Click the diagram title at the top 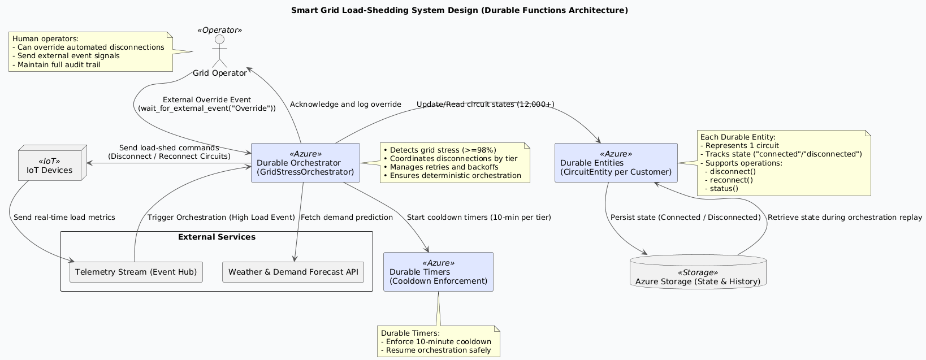459,11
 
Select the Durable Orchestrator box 305,163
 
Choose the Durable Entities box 616,163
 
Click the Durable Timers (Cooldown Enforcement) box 438,272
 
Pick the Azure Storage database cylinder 698,272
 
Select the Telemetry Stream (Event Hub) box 136,272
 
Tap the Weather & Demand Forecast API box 293,272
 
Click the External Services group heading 217,237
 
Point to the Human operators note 90,52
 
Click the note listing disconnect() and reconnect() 784,163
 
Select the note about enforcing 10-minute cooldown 439,341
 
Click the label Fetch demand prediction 347,218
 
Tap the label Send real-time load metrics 64,218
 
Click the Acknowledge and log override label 345,105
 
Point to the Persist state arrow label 686,218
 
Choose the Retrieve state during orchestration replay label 845,218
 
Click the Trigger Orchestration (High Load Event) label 221,218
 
